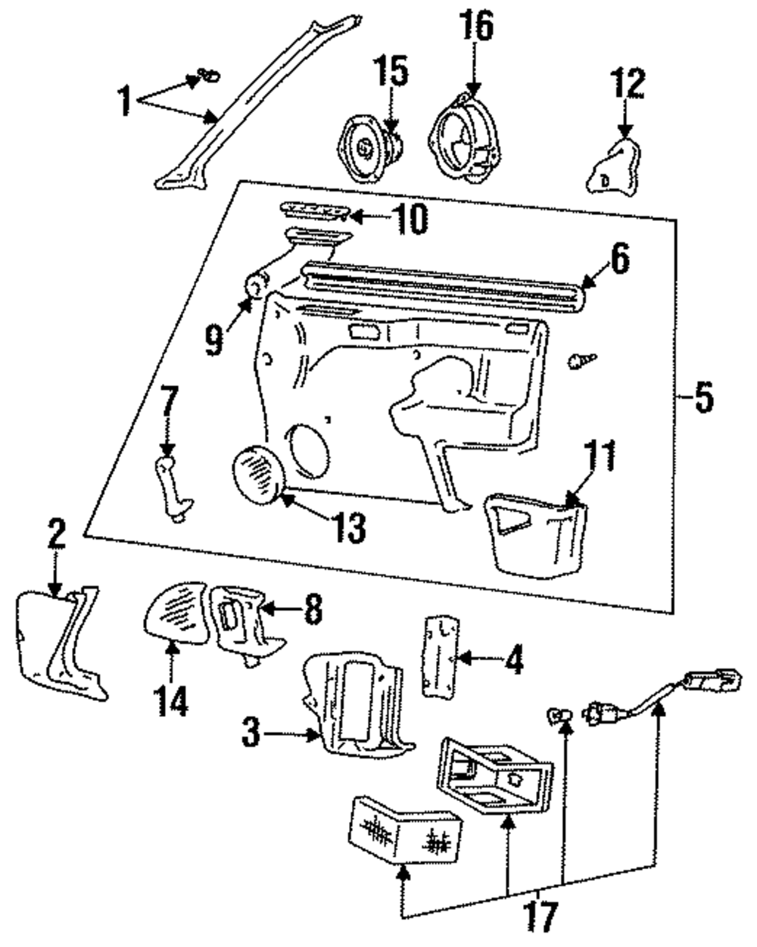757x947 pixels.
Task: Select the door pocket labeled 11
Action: (x=535, y=532)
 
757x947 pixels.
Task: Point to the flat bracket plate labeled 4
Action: (x=438, y=652)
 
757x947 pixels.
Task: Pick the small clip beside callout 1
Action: (x=207, y=75)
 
